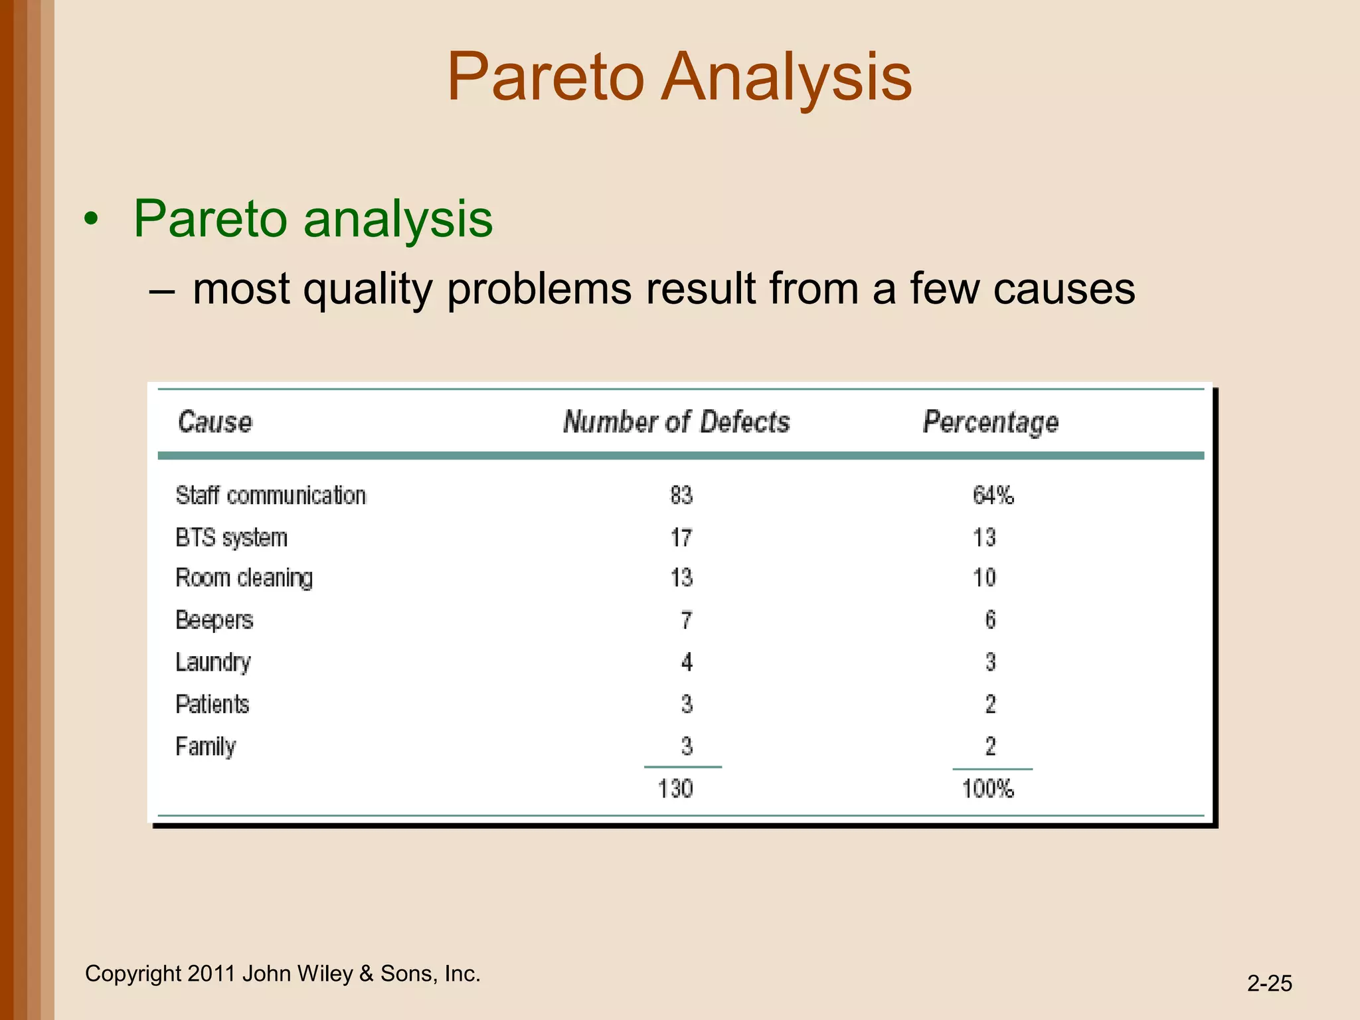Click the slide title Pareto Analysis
tap(679, 78)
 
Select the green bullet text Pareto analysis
tap(313, 218)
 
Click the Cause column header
tap(214, 422)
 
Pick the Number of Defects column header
tap(676, 422)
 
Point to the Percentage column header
tap(991, 422)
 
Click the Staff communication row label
tap(270, 495)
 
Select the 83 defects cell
tap(681, 495)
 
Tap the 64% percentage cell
tap(993, 495)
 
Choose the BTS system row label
tap(231, 537)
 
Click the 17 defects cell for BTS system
tap(681, 537)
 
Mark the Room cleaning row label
tap(244, 578)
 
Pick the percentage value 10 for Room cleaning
tap(984, 578)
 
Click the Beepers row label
tap(214, 620)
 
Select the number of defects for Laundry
tap(687, 662)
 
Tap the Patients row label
tap(212, 704)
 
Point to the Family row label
tap(205, 746)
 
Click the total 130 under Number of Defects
tap(675, 789)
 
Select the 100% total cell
tap(987, 789)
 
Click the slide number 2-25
tap(1269, 983)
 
